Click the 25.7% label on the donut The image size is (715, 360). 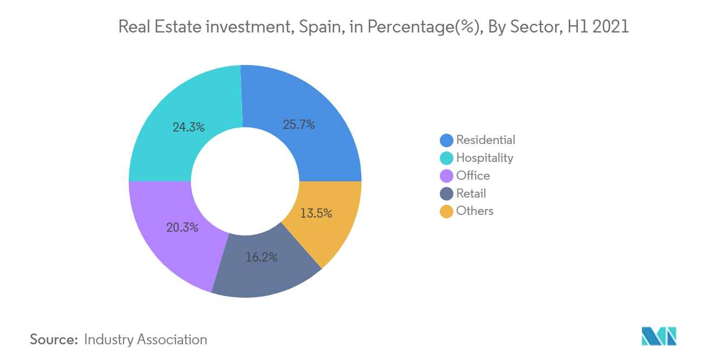[299, 125]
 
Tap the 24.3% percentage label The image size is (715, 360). [188, 128]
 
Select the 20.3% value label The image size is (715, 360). [182, 227]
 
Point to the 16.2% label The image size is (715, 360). [261, 257]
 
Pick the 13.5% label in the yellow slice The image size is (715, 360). [316, 213]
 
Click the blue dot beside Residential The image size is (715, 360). [446, 140]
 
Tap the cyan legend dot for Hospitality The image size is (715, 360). [446, 158]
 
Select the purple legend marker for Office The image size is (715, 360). [446, 176]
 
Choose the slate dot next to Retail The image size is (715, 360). [446, 194]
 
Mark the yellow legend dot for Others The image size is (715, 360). [446, 212]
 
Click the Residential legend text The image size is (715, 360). [485, 140]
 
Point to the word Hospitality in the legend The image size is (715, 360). [484, 158]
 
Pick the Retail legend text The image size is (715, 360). [471, 194]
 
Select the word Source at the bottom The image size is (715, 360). [54, 339]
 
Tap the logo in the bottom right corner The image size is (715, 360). [659, 336]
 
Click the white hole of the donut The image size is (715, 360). [245, 181]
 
